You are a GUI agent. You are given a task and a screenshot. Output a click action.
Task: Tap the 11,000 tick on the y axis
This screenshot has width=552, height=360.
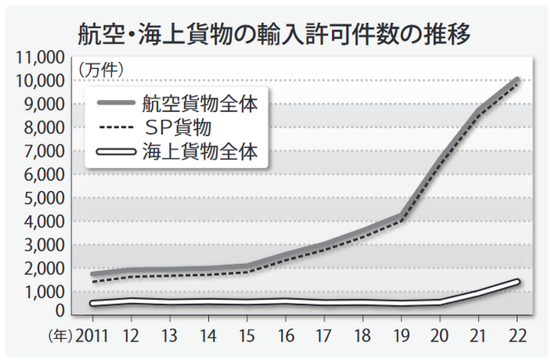click(x=38, y=58)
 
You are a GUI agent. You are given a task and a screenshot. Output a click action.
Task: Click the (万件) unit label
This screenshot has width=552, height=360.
click(x=101, y=67)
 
